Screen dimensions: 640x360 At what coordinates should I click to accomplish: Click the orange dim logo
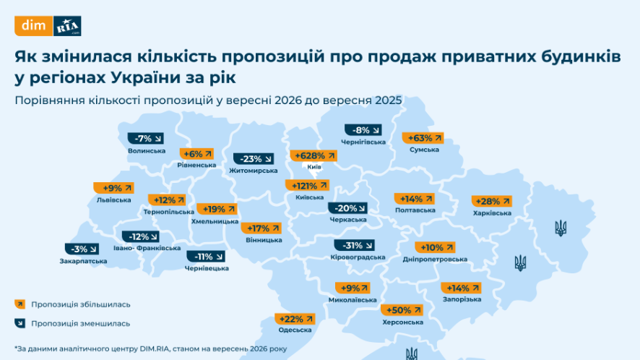coord(33,26)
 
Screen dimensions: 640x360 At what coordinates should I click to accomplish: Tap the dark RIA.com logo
coord(67,26)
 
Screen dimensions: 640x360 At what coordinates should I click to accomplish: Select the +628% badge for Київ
coord(313,155)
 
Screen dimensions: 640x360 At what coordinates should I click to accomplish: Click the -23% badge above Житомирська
coord(254,158)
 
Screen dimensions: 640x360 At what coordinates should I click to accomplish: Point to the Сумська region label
coord(424,150)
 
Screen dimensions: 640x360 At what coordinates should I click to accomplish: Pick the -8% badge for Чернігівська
coord(363,130)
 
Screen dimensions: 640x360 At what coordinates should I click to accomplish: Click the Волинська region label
coord(147,151)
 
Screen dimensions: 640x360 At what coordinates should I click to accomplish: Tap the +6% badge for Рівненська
coord(196,154)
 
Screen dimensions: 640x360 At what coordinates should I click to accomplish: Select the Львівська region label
coord(114,200)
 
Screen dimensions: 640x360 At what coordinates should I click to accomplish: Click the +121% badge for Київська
coord(307,186)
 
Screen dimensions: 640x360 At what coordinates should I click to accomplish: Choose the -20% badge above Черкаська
coord(347,208)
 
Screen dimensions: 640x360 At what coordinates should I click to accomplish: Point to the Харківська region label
coord(492,213)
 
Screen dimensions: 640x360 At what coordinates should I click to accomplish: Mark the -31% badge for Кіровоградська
coord(354,245)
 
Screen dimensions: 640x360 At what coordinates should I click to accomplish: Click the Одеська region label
coord(295,330)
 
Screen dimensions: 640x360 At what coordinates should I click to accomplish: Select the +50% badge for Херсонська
coord(402,310)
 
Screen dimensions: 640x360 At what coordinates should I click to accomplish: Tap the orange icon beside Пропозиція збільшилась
coord(20,304)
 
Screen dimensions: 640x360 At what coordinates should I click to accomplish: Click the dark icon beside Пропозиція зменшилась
coord(20,323)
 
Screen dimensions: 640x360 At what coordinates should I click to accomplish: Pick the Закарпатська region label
coord(83,261)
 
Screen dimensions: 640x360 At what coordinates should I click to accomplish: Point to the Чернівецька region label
coord(207,268)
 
